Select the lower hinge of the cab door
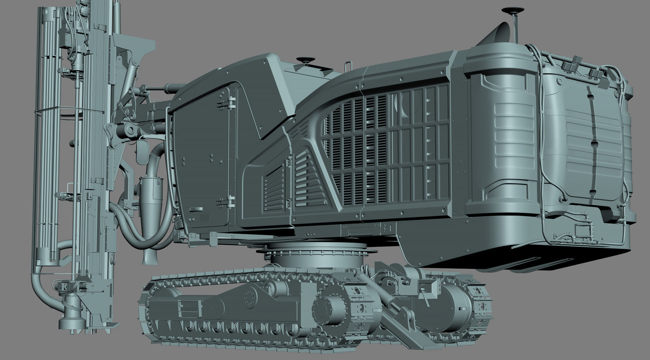click(230, 201)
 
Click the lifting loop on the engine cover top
click(349, 65)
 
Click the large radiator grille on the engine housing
click(390, 147)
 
